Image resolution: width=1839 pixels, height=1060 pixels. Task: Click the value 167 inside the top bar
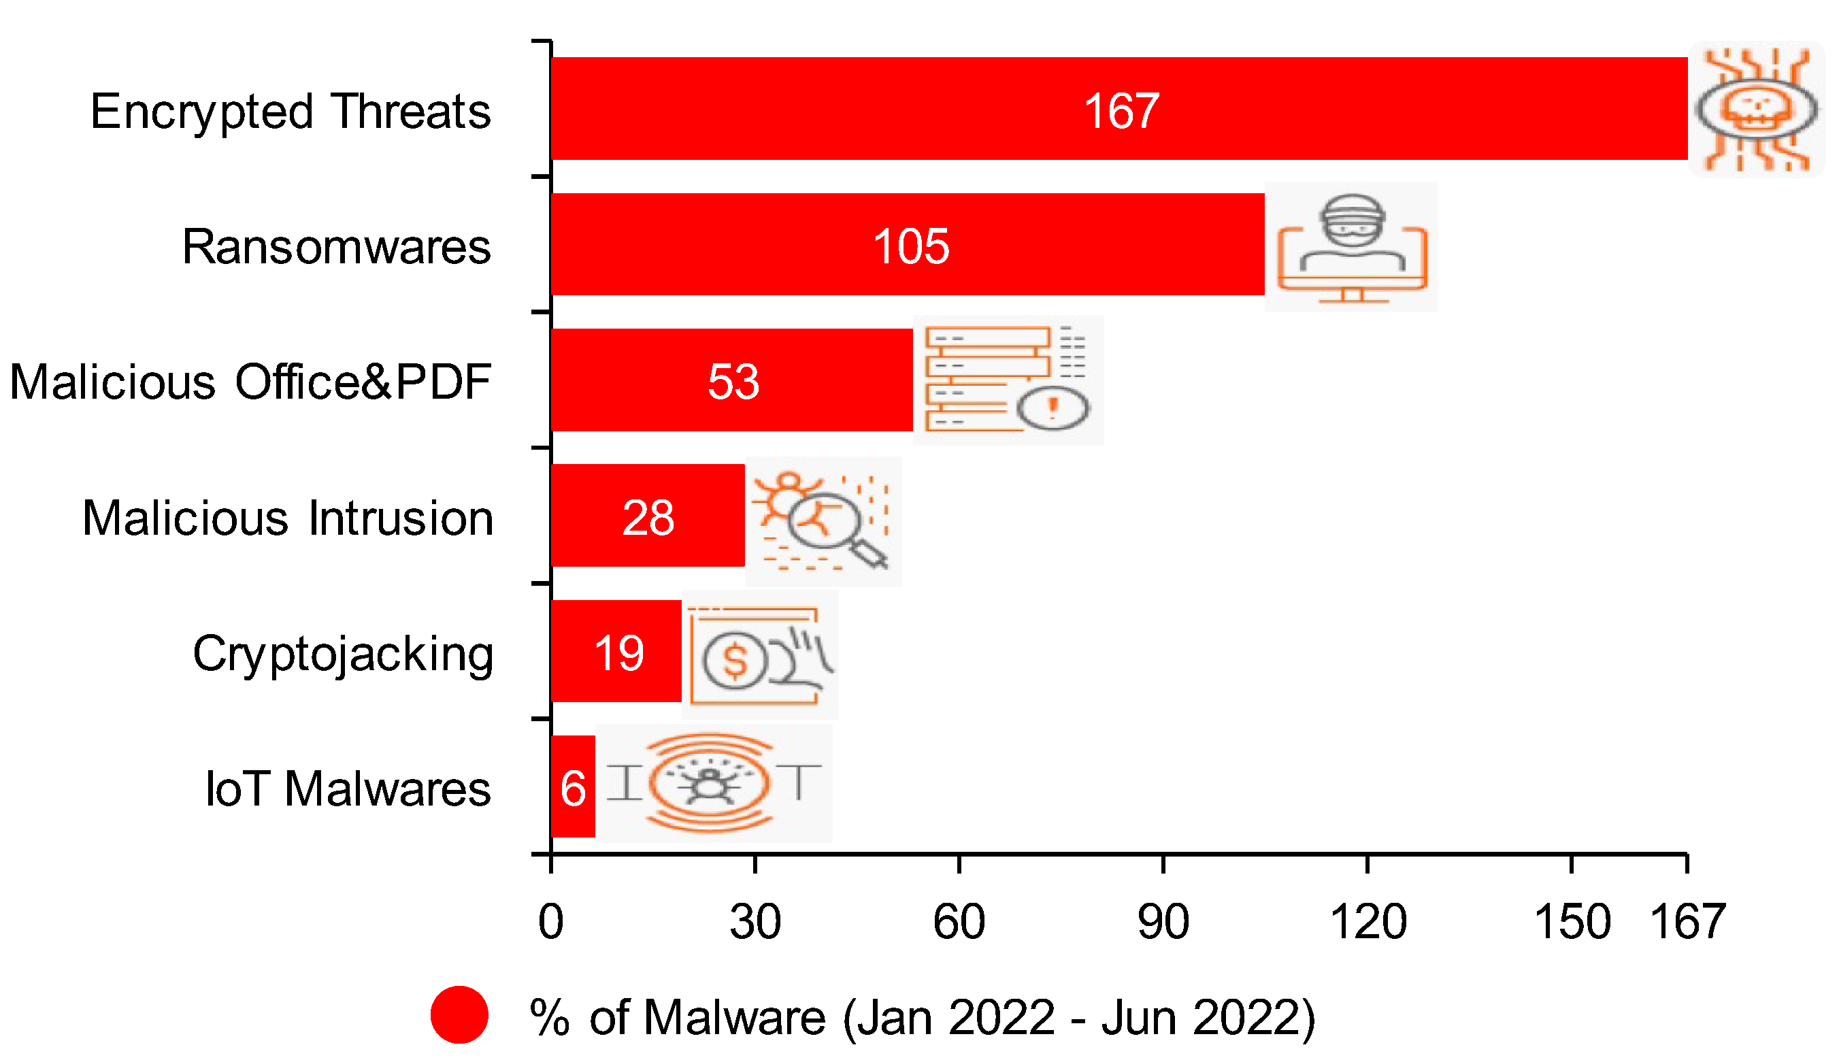(x=1121, y=112)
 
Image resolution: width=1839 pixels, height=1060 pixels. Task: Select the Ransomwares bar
(x=906, y=245)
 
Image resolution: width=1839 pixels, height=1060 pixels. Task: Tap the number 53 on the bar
(x=733, y=381)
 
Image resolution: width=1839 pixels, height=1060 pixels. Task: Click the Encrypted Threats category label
(x=291, y=112)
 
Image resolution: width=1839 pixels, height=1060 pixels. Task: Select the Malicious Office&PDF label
(x=250, y=382)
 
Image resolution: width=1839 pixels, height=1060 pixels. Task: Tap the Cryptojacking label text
(x=343, y=654)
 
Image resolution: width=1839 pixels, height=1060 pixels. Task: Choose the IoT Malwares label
(x=348, y=789)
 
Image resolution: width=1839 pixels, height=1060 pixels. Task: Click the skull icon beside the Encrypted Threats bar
(x=1756, y=110)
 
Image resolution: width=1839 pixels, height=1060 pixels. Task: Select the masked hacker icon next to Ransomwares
(x=1352, y=222)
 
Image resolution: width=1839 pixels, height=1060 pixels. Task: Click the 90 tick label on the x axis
(x=1163, y=923)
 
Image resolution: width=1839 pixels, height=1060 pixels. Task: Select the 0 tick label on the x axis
(x=551, y=923)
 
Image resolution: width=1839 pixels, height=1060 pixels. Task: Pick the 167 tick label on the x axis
(x=1687, y=923)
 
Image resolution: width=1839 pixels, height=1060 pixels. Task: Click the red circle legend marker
(x=459, y=1015)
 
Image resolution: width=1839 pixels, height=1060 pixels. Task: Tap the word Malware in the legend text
(x=735, y=1017)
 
